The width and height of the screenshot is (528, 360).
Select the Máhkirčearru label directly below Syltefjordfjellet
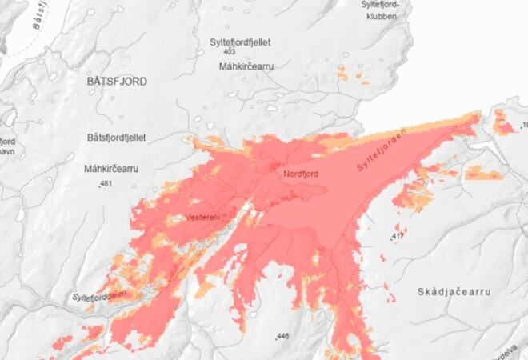246,66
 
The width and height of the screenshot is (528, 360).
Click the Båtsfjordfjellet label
117,138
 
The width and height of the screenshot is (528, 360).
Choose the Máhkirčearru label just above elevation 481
112,169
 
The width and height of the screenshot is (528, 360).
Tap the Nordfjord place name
302,173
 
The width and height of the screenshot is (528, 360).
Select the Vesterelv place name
202,216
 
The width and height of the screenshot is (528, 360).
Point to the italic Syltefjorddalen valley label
100,295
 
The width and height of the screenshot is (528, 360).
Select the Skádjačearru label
453,293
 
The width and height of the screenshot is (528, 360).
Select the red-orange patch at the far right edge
503,122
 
